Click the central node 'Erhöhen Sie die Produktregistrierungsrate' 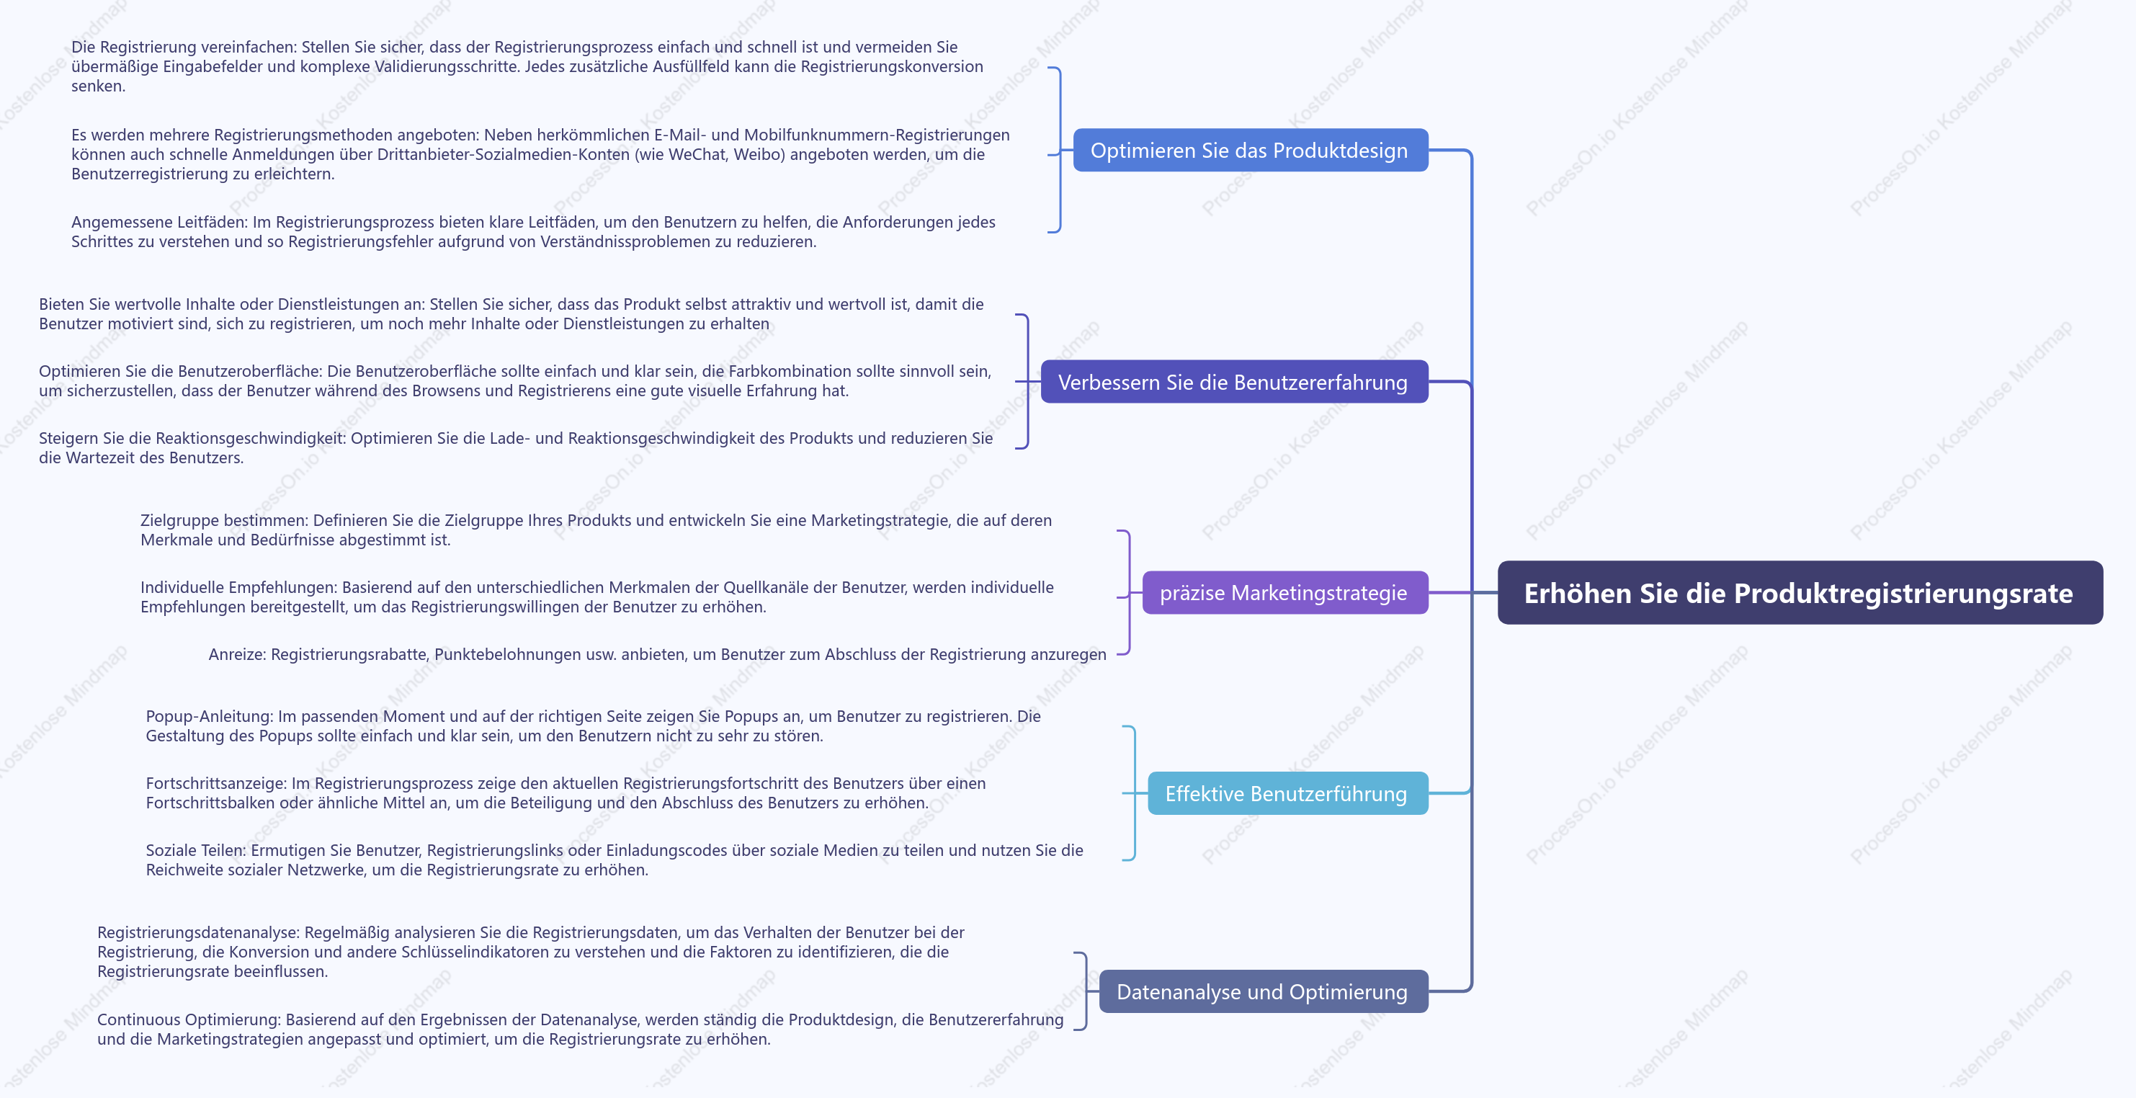[1800, 593]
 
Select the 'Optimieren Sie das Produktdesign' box [1251, 150]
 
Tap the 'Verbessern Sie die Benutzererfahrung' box [1234, 381]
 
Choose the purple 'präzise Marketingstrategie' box [1284, 592]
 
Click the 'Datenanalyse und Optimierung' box [1263, 991]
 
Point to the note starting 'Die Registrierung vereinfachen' [527, 66]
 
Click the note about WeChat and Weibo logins [540, 154]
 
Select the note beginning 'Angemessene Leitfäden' [533, 231]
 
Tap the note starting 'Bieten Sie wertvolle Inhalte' [511, 313]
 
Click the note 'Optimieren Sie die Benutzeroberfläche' [515, 380]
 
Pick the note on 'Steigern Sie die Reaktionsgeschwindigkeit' [516, 448]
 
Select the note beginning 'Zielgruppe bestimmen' [596, 530]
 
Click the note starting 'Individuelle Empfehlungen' [597, 597]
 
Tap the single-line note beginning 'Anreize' [658, 654]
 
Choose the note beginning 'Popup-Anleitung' [593, 726]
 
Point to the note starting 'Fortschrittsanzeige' [566, 793]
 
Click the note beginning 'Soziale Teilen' [615, 860]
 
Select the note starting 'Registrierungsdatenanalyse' [531, 952]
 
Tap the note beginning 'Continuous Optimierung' [581, 1029]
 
